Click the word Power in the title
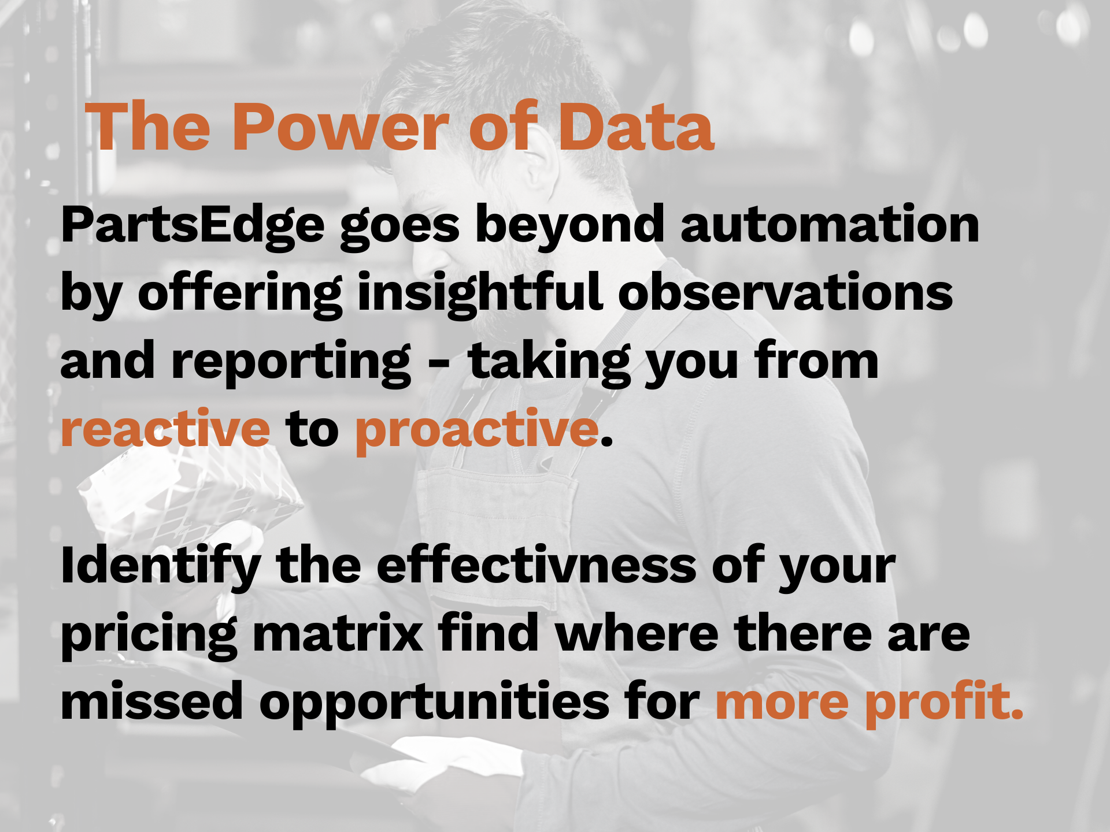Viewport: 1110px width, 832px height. pyautogui.click(x=341, y=127)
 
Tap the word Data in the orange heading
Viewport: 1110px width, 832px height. pyautogui.click(x=635, y=127)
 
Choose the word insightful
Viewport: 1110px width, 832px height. pyautogui.click(x=480, y=294)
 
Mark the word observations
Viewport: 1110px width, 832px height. pyautogui.click(x=786, y=292)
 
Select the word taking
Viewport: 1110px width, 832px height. pyautogui.click(x=549, y=362)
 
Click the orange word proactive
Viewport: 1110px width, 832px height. pyautogui.click(x=477, y=431)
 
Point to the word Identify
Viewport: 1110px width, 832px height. pyautogui.click(x=161, y=566)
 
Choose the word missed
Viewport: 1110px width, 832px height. pyautogui.click(x=152, y=700)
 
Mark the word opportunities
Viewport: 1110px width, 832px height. pyautogui.click(x=435, y=703)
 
